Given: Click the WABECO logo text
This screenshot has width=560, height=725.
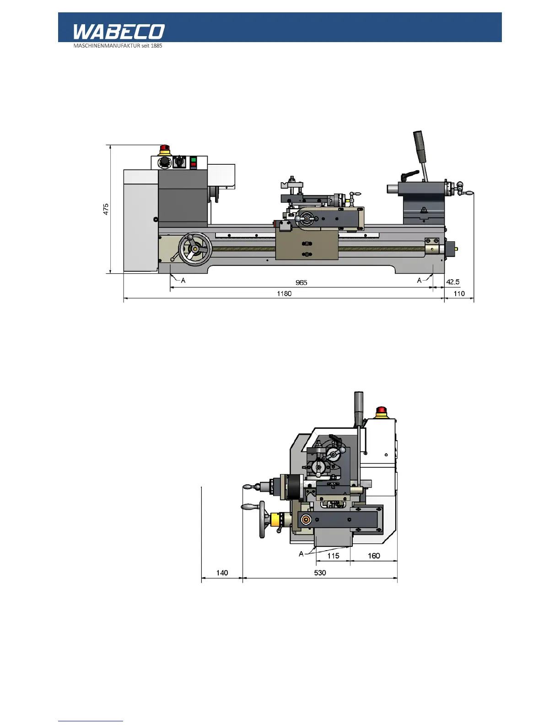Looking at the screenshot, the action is [x=119, y=32].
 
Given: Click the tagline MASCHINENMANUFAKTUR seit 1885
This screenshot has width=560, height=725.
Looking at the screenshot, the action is [x=118, y=46].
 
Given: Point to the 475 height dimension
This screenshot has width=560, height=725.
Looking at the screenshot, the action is [x=106, y=209].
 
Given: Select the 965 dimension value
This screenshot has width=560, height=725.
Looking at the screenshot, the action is [x=301, y=282].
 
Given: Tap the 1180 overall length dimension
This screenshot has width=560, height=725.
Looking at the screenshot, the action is [x=284, y=293].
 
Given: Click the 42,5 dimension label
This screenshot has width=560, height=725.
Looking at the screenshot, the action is [x=453, y=282].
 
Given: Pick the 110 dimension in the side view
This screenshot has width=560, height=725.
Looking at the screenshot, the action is [x=459, y=293].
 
